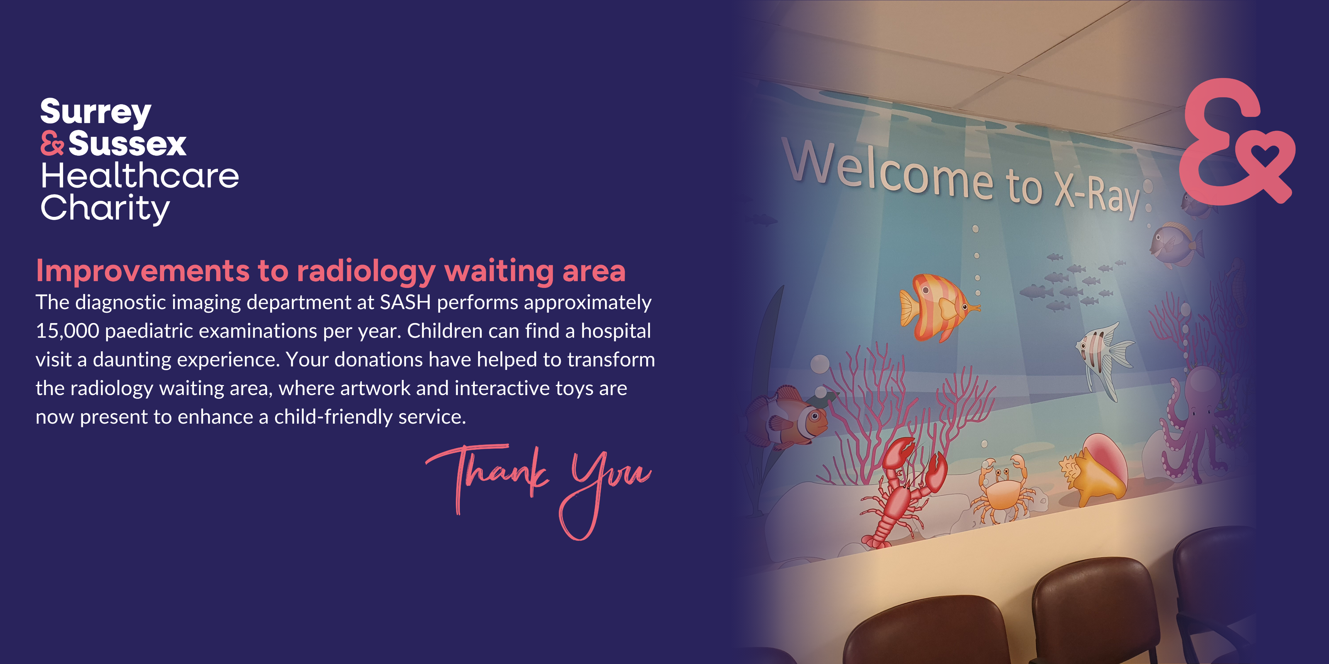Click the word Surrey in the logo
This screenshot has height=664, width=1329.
96,113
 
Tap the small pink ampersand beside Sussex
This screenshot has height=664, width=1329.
52,143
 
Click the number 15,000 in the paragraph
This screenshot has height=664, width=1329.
67,331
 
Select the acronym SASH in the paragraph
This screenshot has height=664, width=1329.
405,302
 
